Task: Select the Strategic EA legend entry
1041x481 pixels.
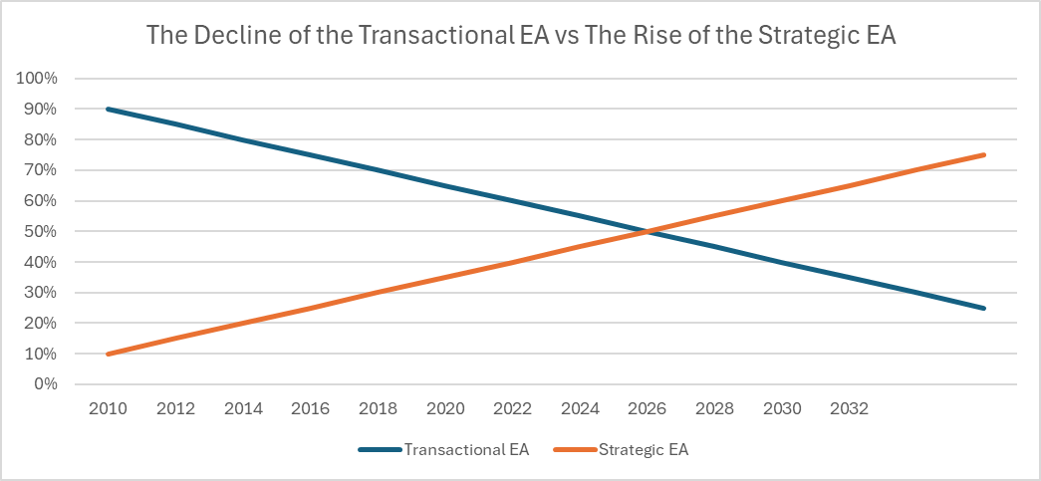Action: click(644, 450)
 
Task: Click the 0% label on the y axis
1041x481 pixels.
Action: click(47, 384)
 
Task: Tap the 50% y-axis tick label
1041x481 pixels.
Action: click(43, 231)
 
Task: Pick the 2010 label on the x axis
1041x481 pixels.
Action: click(108, 409)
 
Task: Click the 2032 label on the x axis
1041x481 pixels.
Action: click(850, 409)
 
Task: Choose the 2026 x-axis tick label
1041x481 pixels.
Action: click(648, 409)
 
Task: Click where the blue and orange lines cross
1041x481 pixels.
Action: click(648, 231)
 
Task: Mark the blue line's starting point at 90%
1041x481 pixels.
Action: click(108, 109)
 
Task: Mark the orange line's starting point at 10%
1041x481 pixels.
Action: click(108, 354)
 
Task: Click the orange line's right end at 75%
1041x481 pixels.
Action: click(984, 154)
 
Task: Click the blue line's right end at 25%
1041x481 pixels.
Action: click(984, 308)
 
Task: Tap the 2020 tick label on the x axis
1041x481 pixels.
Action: click(445, 409)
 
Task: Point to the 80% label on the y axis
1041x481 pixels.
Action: click(43, 139)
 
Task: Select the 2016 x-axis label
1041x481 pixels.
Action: click(310, 409)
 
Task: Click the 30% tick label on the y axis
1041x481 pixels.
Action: click(43, 293)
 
